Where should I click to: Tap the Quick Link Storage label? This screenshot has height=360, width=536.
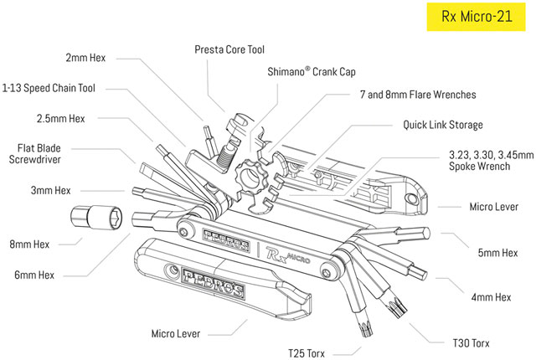click(x=443, y=125)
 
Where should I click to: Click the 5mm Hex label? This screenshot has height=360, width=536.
click(x=497, y=250)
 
